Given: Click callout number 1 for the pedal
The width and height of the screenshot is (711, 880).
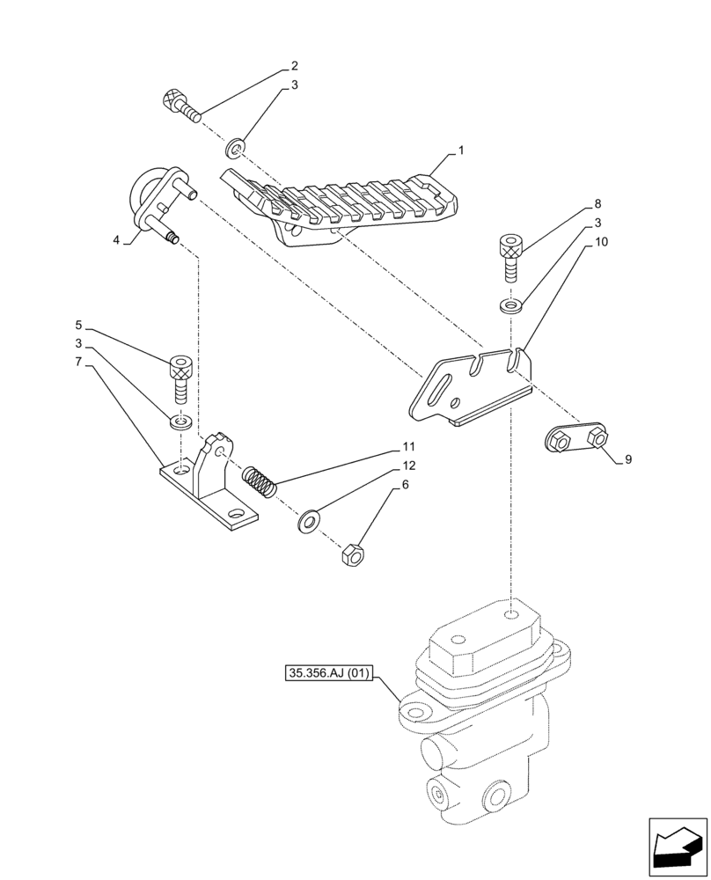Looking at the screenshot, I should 460,151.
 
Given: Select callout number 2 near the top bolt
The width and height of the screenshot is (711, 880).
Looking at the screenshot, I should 294,66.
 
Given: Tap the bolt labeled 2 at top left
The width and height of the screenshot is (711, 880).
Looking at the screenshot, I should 181,106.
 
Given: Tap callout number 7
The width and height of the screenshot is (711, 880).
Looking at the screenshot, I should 78,362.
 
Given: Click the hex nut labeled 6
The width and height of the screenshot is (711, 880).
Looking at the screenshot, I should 349,555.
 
